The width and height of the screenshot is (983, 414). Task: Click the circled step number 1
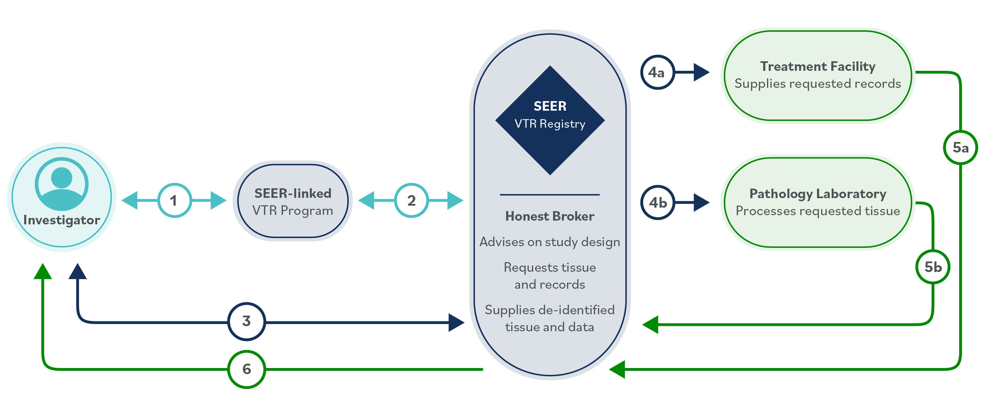click(174, 201)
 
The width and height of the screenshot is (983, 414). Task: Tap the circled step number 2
click(411, 201)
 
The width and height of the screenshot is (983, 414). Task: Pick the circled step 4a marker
click(657, 72)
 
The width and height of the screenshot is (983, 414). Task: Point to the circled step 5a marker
click(960, 147)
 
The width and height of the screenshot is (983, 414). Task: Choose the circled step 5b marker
click(933, 267)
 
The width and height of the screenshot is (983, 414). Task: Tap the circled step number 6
click(247, 369)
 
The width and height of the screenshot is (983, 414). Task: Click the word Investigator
click(62, 220)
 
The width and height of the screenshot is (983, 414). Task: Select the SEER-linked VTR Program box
click(293, 201)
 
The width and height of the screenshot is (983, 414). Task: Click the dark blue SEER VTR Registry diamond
click(550, 120)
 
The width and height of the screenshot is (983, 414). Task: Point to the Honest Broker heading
click(550, 217)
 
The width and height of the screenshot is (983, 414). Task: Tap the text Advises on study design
click(550, 242)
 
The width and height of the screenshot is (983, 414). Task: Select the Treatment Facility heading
click(817, 66)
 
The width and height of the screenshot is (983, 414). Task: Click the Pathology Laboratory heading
click(817, 194)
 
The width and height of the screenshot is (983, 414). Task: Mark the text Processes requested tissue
click(817, 211)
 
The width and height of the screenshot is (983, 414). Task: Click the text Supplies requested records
click(817, 84)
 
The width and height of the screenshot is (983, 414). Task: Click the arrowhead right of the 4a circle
click(701, 72)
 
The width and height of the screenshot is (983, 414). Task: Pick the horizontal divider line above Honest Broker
click(550, 195)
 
